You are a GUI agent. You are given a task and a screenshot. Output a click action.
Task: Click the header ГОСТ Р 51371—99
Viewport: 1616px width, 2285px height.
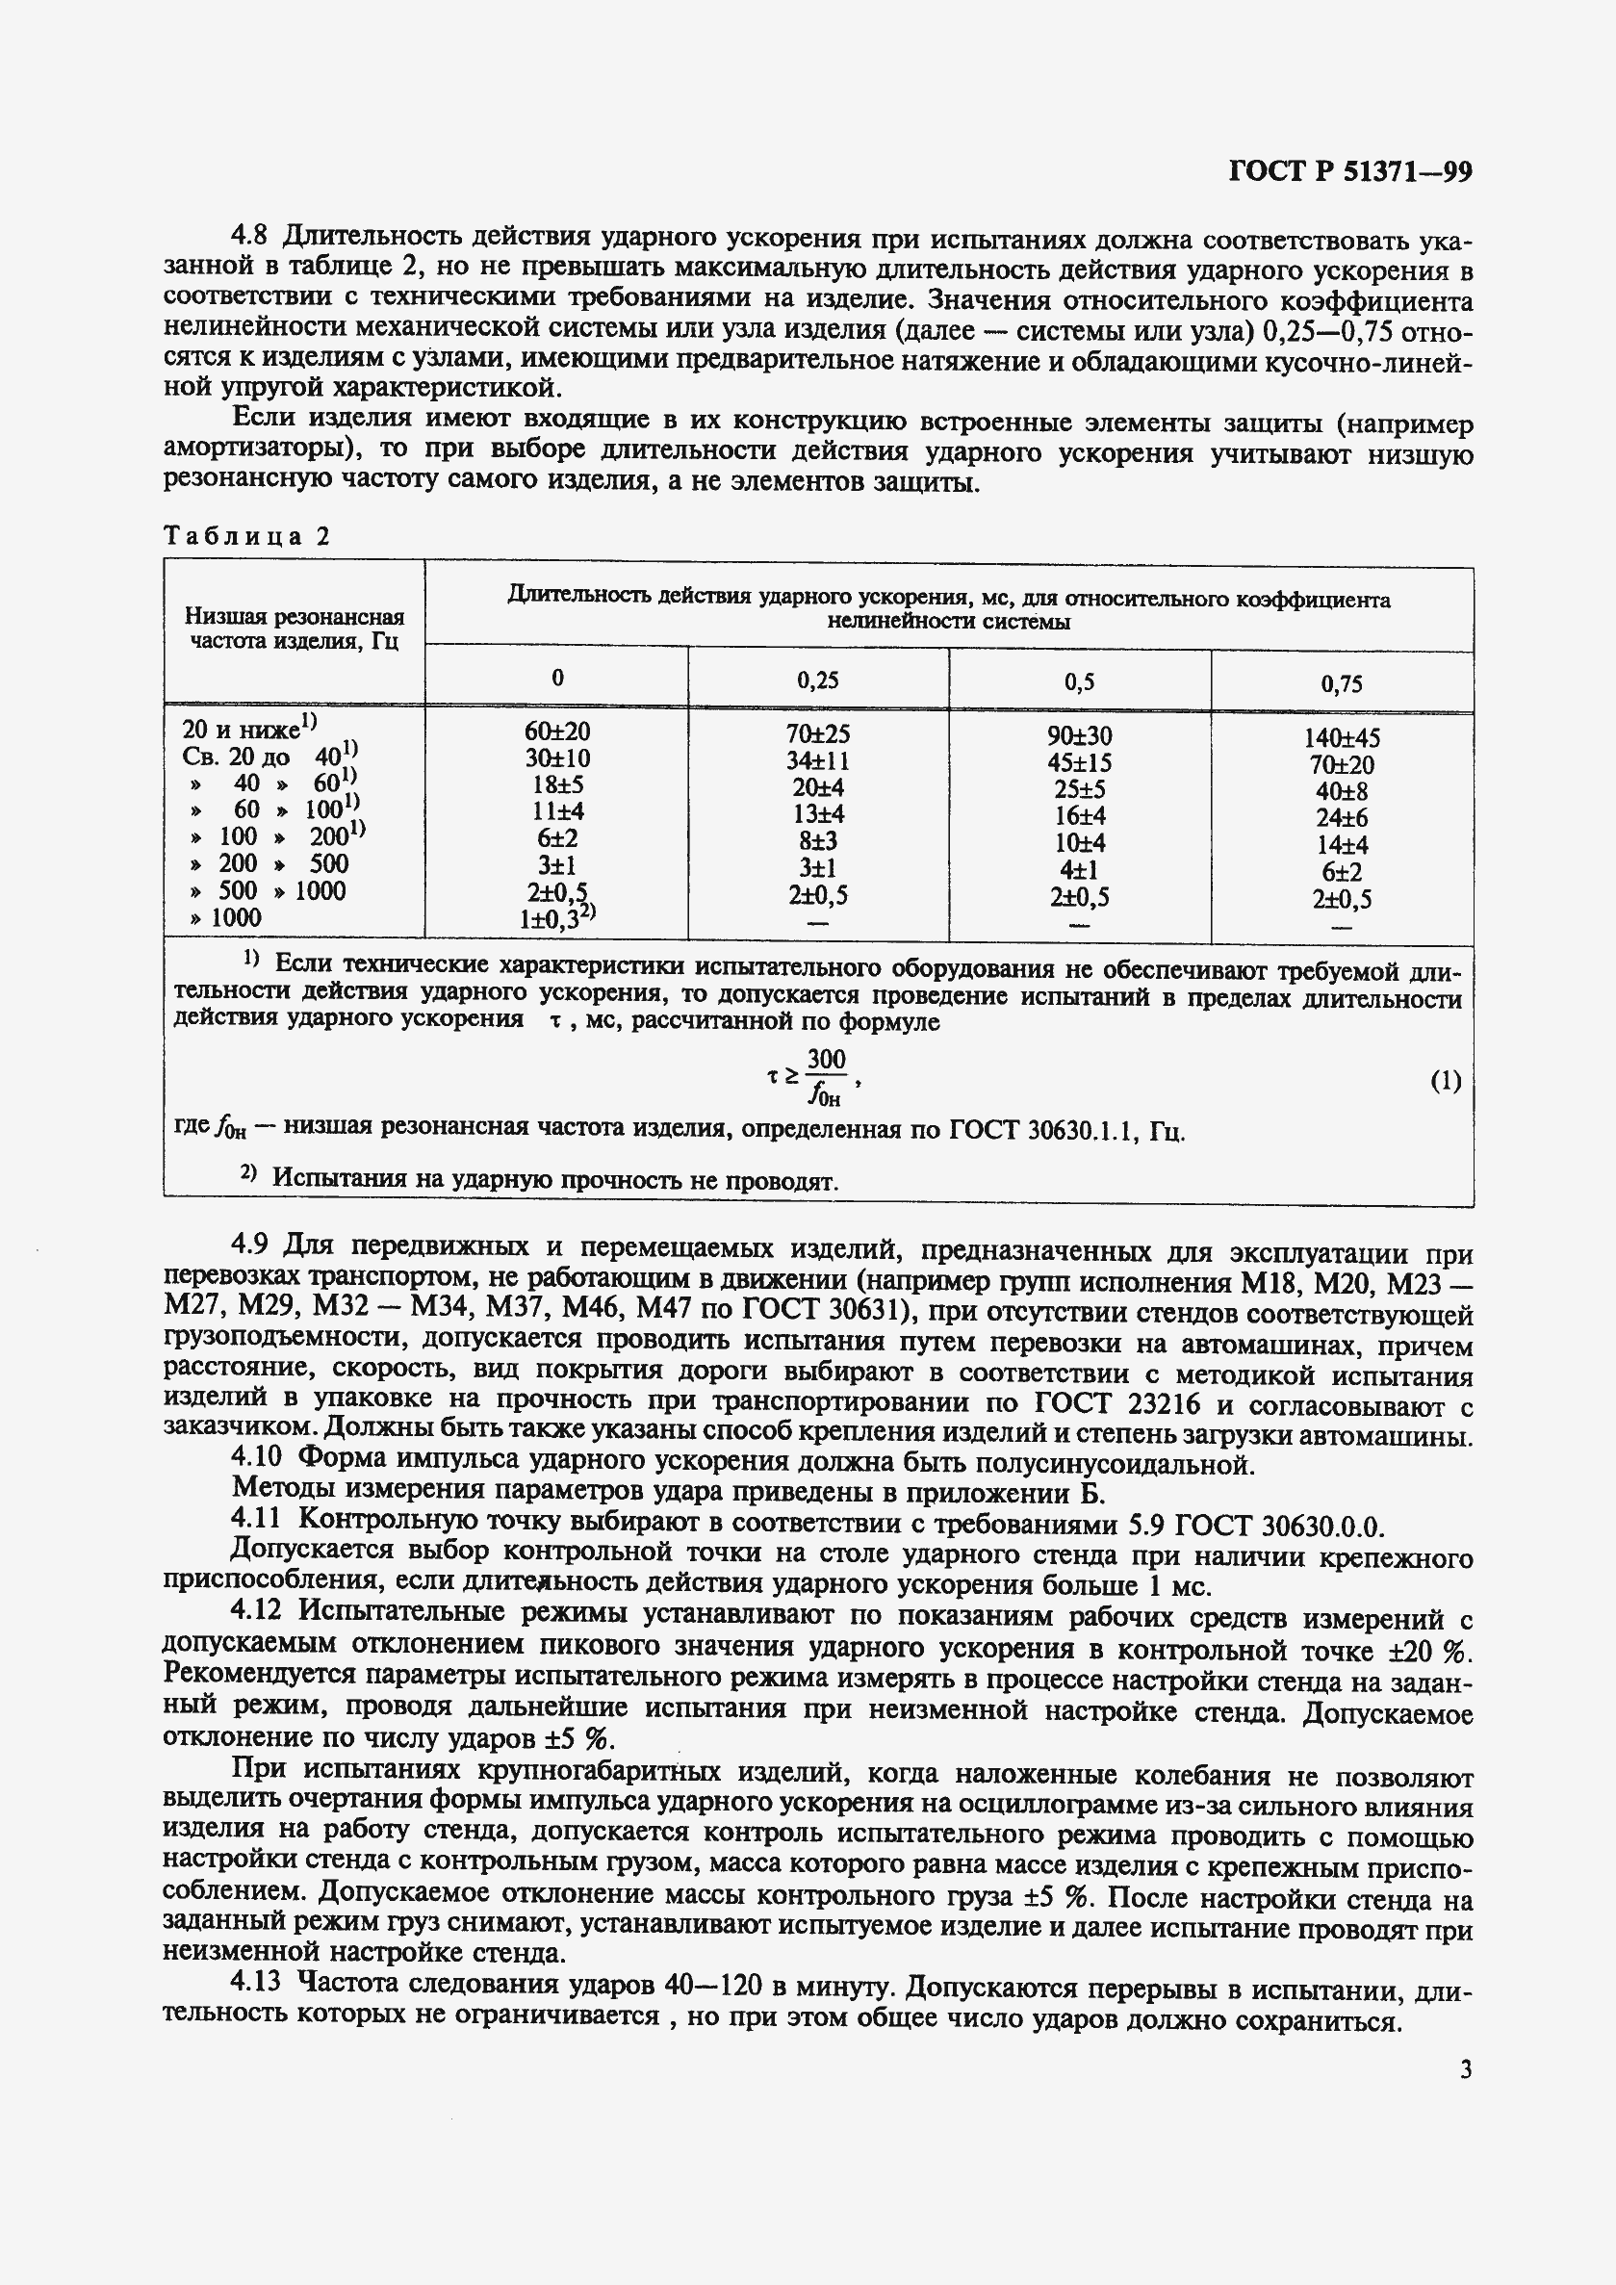[1350, 171]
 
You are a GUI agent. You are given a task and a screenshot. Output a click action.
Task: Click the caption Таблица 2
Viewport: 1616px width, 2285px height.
[245, 536]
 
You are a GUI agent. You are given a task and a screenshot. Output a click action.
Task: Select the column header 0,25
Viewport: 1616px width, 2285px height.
[817, 680]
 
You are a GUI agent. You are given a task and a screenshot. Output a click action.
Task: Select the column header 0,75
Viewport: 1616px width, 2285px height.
[1342, 683]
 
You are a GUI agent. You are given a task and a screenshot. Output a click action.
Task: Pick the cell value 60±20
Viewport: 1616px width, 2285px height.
[556, 732]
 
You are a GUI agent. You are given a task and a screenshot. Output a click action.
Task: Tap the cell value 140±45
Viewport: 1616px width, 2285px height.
[1342, 738]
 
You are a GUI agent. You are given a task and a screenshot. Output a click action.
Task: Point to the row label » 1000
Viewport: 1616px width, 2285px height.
[226, 917]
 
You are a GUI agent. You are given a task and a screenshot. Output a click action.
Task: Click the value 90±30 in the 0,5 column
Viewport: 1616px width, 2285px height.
[1079, 735]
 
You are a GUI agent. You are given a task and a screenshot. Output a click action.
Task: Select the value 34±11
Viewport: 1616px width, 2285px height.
[817, 761]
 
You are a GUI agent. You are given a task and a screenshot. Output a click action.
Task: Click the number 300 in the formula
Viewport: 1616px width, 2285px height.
[826, 1059]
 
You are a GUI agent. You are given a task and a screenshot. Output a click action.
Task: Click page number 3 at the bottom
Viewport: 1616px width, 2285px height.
[1465, 2070]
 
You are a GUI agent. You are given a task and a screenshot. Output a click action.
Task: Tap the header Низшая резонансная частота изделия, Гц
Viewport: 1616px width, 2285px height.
[295, 628]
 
